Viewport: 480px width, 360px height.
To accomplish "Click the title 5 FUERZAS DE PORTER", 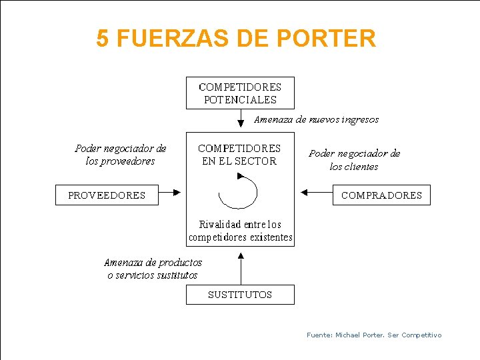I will point(236,39).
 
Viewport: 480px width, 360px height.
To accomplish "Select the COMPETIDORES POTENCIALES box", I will point(240,93).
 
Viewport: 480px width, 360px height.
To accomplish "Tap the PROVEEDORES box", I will point(107,195).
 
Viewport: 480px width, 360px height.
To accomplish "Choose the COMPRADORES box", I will point(381,195).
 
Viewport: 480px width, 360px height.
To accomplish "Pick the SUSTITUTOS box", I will point(240,295).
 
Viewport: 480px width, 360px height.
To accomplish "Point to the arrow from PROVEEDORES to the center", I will point(170,193).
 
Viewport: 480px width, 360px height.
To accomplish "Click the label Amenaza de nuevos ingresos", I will point(317,120).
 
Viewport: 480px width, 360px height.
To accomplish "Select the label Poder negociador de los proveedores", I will point(121,155).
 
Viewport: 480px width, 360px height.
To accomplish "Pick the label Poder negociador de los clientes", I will point(354,160).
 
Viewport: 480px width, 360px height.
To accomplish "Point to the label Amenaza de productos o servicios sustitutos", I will point(153,269).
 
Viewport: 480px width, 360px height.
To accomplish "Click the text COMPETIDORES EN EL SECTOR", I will point(239,155).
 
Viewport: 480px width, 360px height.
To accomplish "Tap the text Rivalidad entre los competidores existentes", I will point(240,231).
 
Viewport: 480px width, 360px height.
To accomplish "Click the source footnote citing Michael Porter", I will point(374,335).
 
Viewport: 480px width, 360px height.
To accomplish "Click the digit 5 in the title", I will point(102,39).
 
